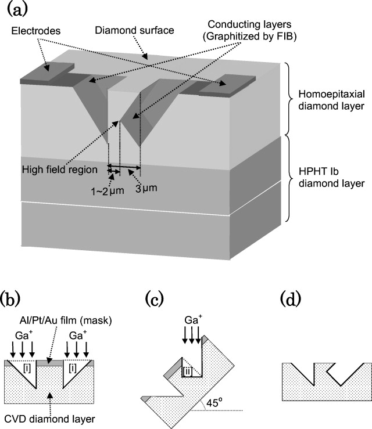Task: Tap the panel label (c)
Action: pyautogui.click(x=159, y=300)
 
